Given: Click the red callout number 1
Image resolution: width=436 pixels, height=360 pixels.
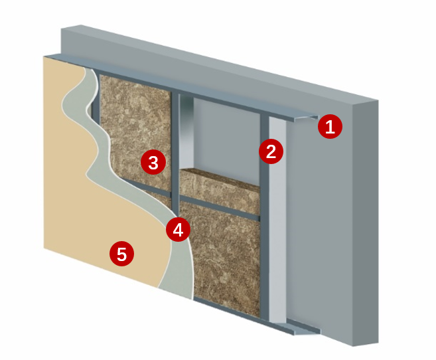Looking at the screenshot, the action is pyautogui.click(x=330, y=127).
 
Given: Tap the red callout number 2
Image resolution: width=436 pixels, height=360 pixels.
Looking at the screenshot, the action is pyautogui.click(x=271, y=151).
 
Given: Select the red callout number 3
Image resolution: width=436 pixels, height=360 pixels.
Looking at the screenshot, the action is pyautogui.click(x=153, y=163).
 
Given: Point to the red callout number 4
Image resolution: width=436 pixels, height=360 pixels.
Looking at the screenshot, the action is pyautogui.click(x=178, y=230).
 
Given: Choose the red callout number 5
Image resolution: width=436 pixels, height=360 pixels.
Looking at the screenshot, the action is pyautogui.click(x=122, y=254).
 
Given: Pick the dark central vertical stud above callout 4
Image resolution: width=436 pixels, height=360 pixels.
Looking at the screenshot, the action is pyautogui.click(x=175, y=153).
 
